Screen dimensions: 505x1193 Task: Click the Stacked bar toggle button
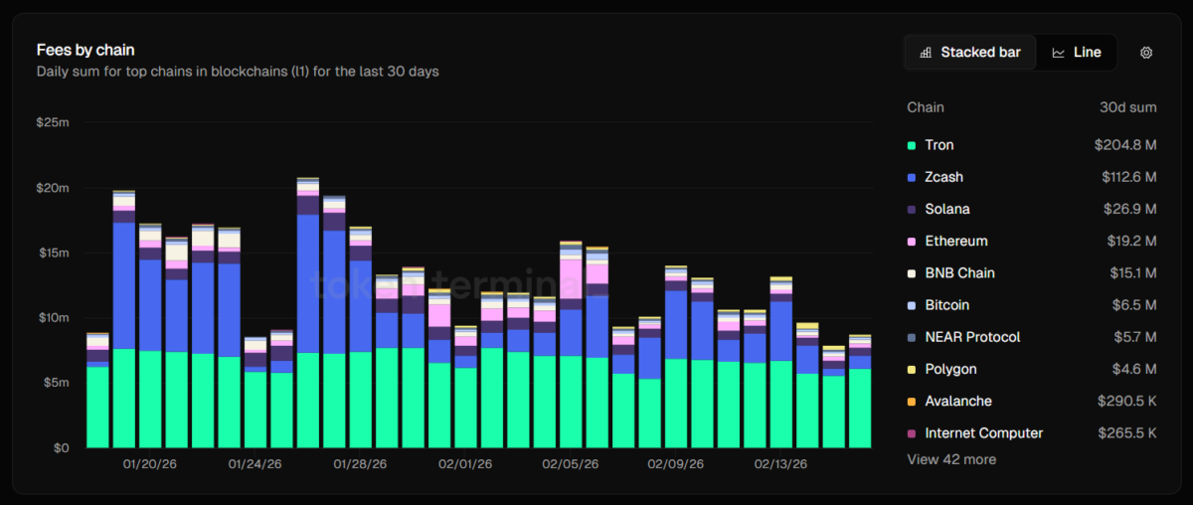click(970, 53)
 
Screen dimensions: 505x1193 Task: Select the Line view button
click(1077, 53)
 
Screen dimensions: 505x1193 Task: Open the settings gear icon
click(1146, 53)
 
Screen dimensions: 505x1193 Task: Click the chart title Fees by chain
click(85, 50)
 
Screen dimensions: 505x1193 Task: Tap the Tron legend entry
click(938, 145)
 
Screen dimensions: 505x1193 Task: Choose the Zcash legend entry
click(943, 177)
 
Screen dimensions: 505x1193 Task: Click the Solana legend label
click(946, 209)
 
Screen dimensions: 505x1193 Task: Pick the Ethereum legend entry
click(955, 241)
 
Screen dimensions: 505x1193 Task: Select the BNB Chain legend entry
click(959, 272)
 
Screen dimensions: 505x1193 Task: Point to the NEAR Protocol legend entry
click(972, 337)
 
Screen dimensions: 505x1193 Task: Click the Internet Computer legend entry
click(983, 433)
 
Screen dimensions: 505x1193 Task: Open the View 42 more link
click(951, 459)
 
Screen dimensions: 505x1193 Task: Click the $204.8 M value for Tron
click(1125, 145)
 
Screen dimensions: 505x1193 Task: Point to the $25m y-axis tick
click(52, 122)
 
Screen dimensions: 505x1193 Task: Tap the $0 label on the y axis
click(61, 447)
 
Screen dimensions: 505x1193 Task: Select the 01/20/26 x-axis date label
click(149, 464)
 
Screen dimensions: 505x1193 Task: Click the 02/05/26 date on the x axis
click(571, 464)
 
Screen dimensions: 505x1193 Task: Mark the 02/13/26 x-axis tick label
click(780, 464)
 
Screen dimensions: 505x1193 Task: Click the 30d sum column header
click(1127, 107)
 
